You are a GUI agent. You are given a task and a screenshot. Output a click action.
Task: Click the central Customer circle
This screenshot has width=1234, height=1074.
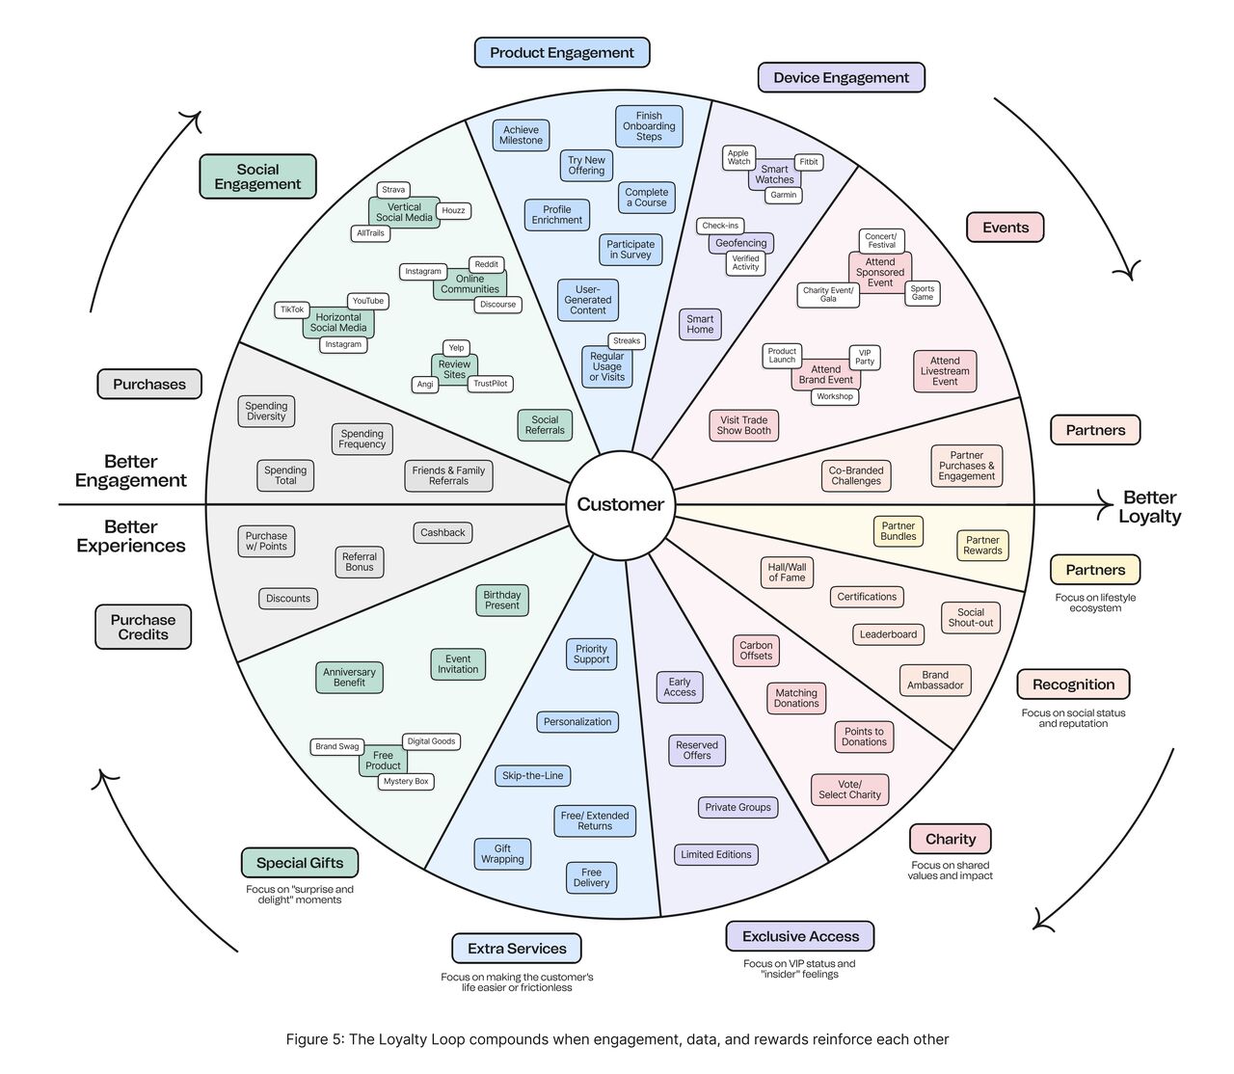[x=621, y=504]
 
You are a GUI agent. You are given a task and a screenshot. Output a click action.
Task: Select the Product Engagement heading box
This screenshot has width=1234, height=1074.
[x=562, y=53]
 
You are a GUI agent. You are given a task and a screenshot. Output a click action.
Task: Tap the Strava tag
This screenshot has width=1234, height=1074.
[x=393, y=190]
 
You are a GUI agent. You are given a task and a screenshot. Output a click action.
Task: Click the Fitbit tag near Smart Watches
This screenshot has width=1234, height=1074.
[x=809, y=162]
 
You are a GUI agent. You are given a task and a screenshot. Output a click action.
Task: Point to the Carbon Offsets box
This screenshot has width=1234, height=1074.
[x=756, y=651]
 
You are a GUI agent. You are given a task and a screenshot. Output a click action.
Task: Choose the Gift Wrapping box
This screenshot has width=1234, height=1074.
[x=502, y=854]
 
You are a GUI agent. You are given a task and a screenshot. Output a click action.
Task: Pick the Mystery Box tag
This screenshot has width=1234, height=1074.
[x=405, y=781]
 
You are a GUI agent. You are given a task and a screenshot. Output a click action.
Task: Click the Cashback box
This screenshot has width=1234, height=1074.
[x=443, y=532]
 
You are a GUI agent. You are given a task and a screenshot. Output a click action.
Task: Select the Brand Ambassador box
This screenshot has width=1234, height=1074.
[x=935, y=681]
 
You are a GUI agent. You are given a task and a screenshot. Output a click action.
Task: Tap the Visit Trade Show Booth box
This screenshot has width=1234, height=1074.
[x=743, y=425]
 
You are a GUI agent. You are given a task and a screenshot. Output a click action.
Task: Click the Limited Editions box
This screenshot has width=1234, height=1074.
[x=716, y=854]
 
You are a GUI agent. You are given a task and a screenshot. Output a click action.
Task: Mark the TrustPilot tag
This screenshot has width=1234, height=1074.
[x=490, y=384]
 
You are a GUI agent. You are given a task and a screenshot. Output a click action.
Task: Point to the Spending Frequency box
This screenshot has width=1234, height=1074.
[x=362, y=439]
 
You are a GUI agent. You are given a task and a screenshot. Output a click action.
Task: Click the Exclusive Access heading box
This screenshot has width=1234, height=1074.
[x=800, y=936]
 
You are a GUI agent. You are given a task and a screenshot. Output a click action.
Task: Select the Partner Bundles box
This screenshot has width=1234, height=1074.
[x=899, y=531]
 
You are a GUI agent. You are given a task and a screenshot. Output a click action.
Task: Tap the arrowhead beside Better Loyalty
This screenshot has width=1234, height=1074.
[x=1105, y=502]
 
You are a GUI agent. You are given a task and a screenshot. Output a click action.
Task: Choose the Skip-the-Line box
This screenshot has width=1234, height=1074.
[x=533, y=775]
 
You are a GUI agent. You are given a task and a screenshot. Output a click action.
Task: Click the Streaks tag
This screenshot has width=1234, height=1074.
[x=627, y=340]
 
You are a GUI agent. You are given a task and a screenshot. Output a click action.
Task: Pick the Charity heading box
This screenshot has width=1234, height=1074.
[x=951, y=839]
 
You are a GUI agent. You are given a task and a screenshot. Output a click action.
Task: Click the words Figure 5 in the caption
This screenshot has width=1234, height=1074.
[x=314, y=1039]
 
